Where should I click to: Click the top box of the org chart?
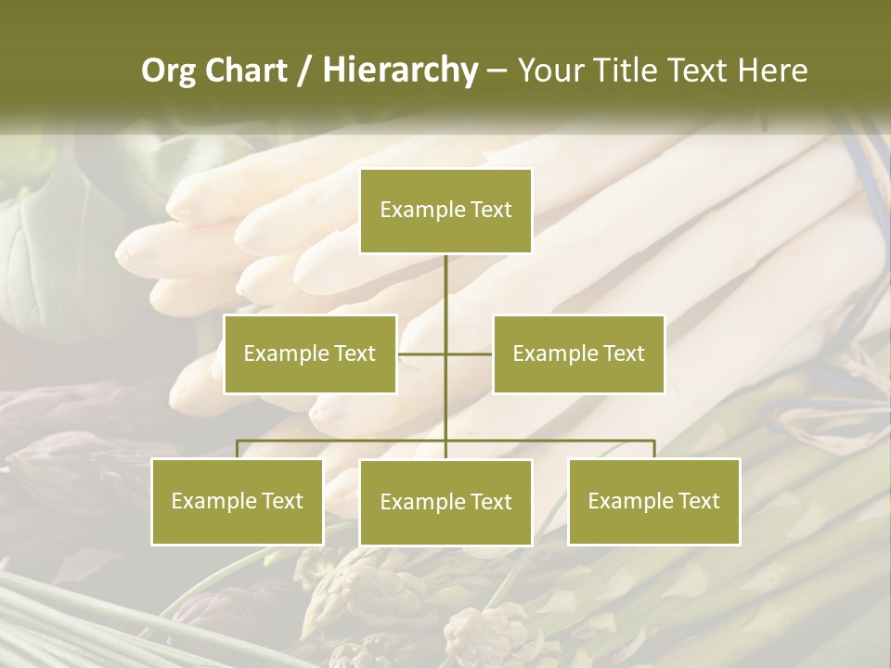pos(445,211)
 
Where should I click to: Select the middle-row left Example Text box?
pos(310,354)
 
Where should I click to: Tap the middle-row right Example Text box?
pos(578,354)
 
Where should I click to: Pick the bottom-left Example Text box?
pos(238,502)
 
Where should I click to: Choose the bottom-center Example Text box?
pos(445,503)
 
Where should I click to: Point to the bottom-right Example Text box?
pos(654,502)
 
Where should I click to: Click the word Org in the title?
pos(169,71)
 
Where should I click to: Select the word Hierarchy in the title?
pos(399,71)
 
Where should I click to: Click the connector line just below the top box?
pos(445,278)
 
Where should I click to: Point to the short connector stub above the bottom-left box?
pos(238,449)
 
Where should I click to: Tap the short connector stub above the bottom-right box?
pos(654,449)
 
